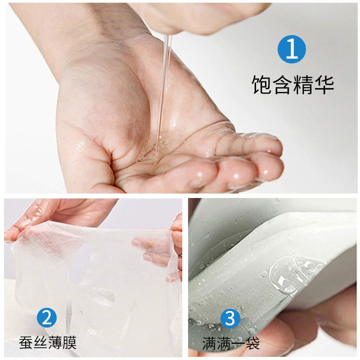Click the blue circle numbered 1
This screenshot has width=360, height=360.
[292, 49]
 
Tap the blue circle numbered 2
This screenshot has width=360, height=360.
[47, 318]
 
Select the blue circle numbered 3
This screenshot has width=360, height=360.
[230, 318]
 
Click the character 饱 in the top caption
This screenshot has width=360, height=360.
[262, 85]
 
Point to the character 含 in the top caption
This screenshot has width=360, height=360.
[283, 85]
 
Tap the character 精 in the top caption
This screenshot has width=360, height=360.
[303, 85]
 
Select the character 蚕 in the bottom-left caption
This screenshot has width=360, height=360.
[26, 343]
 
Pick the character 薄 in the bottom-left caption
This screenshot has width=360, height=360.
[55, 343]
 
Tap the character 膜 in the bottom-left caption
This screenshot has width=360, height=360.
[69, 343]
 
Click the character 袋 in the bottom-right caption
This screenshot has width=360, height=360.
[252, 344]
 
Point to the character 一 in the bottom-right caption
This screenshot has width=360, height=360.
[238, 344]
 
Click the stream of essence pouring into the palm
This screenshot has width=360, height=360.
[165, 85]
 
